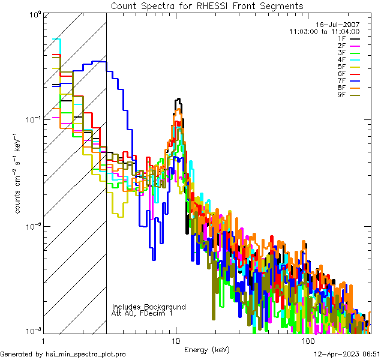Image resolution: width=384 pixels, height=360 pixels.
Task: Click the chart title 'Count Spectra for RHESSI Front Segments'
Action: (x=207, y=5)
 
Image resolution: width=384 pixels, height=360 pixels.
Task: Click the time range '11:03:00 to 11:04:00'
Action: (x=324, y=31)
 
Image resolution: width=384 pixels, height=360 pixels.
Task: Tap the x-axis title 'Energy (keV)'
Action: (x=207, y=349)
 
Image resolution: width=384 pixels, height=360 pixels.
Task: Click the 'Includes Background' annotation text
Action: (x=149, y=307)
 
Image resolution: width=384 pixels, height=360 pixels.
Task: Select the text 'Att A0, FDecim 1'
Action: (x=142, y=313)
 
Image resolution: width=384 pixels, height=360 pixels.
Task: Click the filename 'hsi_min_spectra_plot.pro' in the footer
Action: (x=86, y=354)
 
